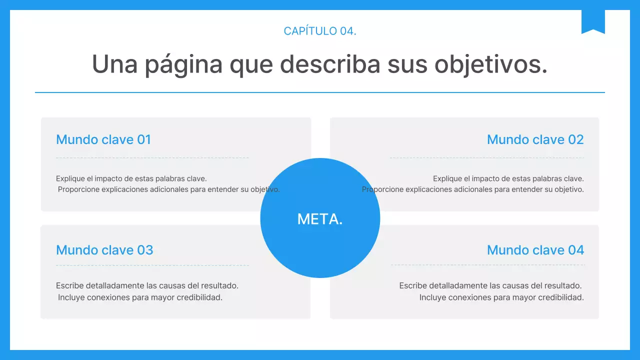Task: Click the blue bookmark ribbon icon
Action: (x=593, y=21)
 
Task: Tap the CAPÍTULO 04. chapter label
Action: (x=320, y=31)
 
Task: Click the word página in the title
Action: (x=183, y=64)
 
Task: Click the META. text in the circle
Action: (x=320, y=219)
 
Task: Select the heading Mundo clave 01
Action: (x=103, y=139)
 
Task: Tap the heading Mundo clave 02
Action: (x=535, y=139)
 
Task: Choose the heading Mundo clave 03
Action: (x=104, y=250)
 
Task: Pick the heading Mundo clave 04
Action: (x=535, y=250)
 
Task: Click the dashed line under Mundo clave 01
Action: (x=152, y=157)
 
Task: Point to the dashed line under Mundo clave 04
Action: (x=487, y=265)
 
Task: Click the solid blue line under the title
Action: (x=320, y=92)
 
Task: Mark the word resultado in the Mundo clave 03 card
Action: (x=219, y=286)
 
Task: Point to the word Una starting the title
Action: (x=114, y=64)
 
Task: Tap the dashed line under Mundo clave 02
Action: (x=486, y=157)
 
